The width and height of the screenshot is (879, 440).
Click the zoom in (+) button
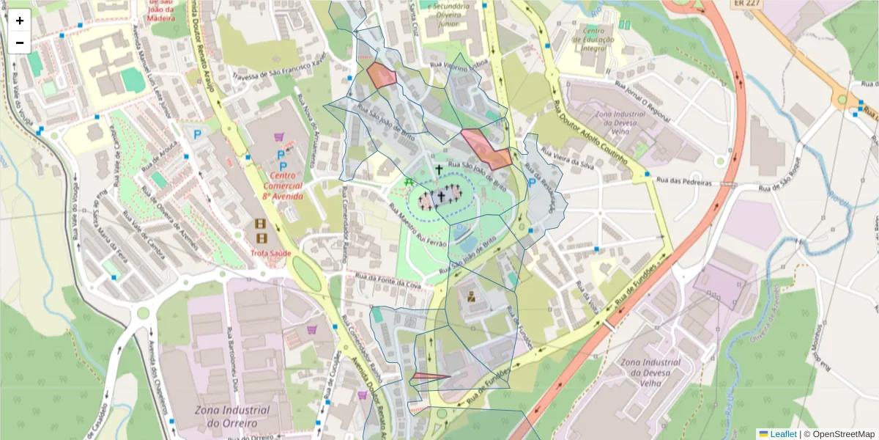coord(20,21)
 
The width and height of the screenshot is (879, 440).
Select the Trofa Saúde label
coord(271,253)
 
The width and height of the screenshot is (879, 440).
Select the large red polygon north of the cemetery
coord(486,147)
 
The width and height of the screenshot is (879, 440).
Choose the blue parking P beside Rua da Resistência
coord(532,183)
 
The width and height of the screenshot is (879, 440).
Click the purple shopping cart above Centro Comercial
coord(278,136)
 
